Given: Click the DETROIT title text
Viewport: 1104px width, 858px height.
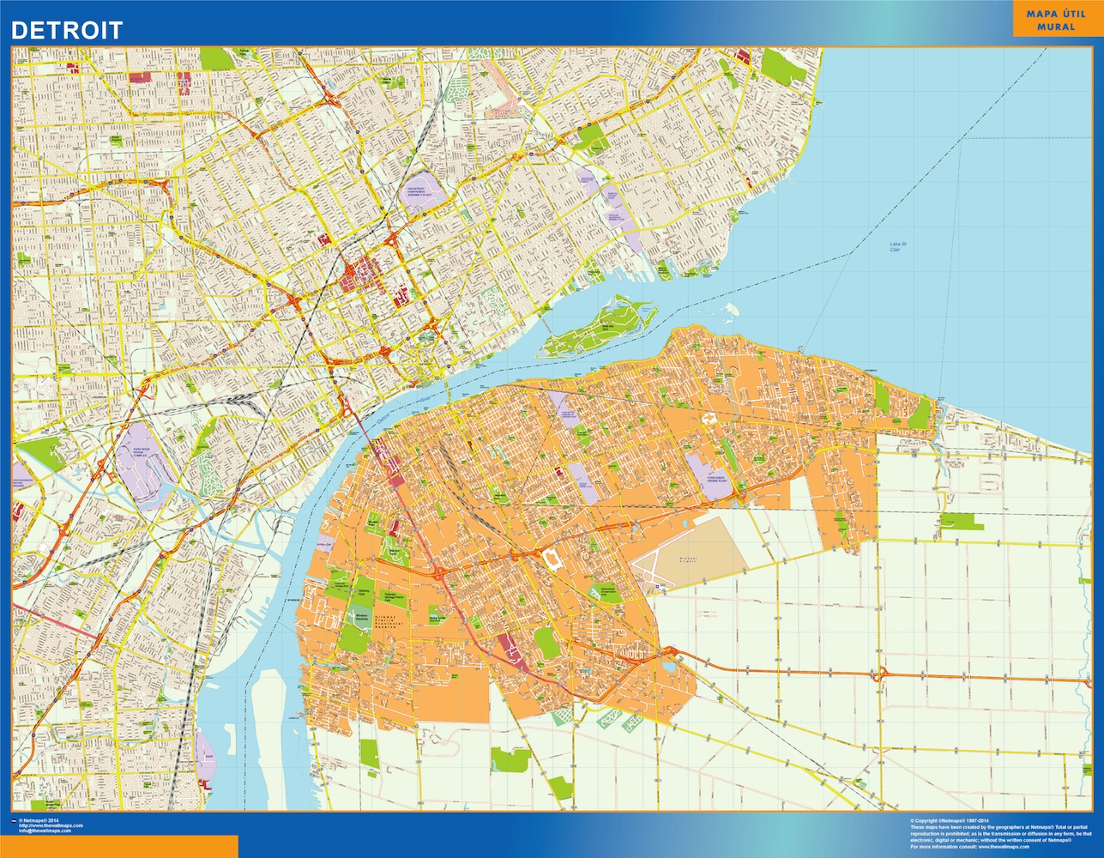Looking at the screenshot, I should tap(67, 30).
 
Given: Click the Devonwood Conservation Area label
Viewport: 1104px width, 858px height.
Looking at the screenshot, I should tap(608, 590).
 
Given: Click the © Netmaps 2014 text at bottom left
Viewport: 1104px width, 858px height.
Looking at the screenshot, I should tap(38, 819).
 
